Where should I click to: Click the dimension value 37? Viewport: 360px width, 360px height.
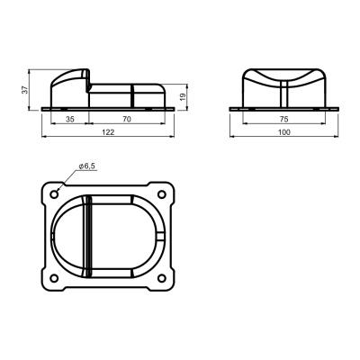coord(25,89)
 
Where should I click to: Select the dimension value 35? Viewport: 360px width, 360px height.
coord(70,119)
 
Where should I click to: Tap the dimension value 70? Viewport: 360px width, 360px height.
coord(127,119)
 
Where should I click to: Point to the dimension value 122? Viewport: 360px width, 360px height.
coord(108,132)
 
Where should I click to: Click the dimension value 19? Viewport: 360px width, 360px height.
coord(184,97)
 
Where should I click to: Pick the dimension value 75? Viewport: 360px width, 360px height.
coord(283,119)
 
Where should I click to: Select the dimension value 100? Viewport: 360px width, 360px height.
coord(284,132)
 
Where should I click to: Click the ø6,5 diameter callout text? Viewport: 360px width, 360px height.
coord(87,166)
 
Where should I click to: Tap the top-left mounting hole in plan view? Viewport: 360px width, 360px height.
coord(54,194)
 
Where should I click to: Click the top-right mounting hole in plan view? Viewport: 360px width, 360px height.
coord(162,194)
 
